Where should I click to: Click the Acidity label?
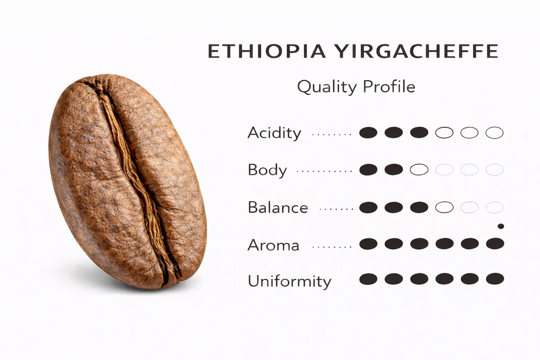tap(274, 133)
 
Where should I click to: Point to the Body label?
tap(267, 170)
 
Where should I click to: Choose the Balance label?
tap(278, 208)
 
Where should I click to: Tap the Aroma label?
tap(274, 245)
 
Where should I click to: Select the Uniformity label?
tap(290, 281)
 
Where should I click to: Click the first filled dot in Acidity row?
tap(368, 133)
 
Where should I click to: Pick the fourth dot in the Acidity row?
tap(444, 133)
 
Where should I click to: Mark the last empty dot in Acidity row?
tap(494, 133)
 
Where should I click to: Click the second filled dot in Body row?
tap(393, 170)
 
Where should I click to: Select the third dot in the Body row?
tap(419, 170)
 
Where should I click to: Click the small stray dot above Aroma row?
tap(500, 226)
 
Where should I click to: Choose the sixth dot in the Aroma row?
tap(495, 244)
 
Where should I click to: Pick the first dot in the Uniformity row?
tap(368, 279)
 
